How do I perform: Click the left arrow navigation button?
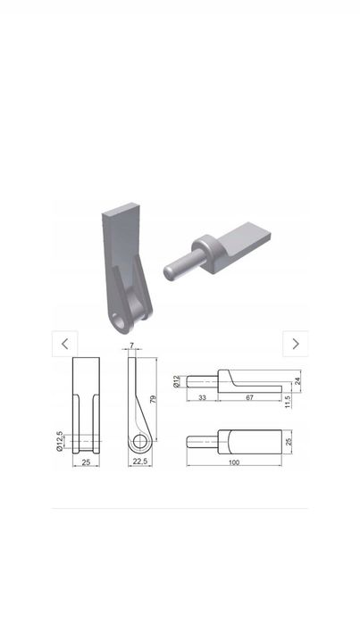(x=65, y=344)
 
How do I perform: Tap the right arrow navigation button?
(x=295, y=344)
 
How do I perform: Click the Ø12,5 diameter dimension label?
(x=59, y=441)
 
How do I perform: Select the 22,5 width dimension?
(x=140, y=462)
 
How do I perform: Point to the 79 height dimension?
(x=154, y=400)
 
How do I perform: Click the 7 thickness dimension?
(x=132, y=345)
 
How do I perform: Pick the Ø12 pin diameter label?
(x=177, y=381)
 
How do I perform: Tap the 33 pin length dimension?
(x=202, y=397)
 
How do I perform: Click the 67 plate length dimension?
(x=250, y=397)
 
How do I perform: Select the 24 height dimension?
(x=297, y=381)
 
